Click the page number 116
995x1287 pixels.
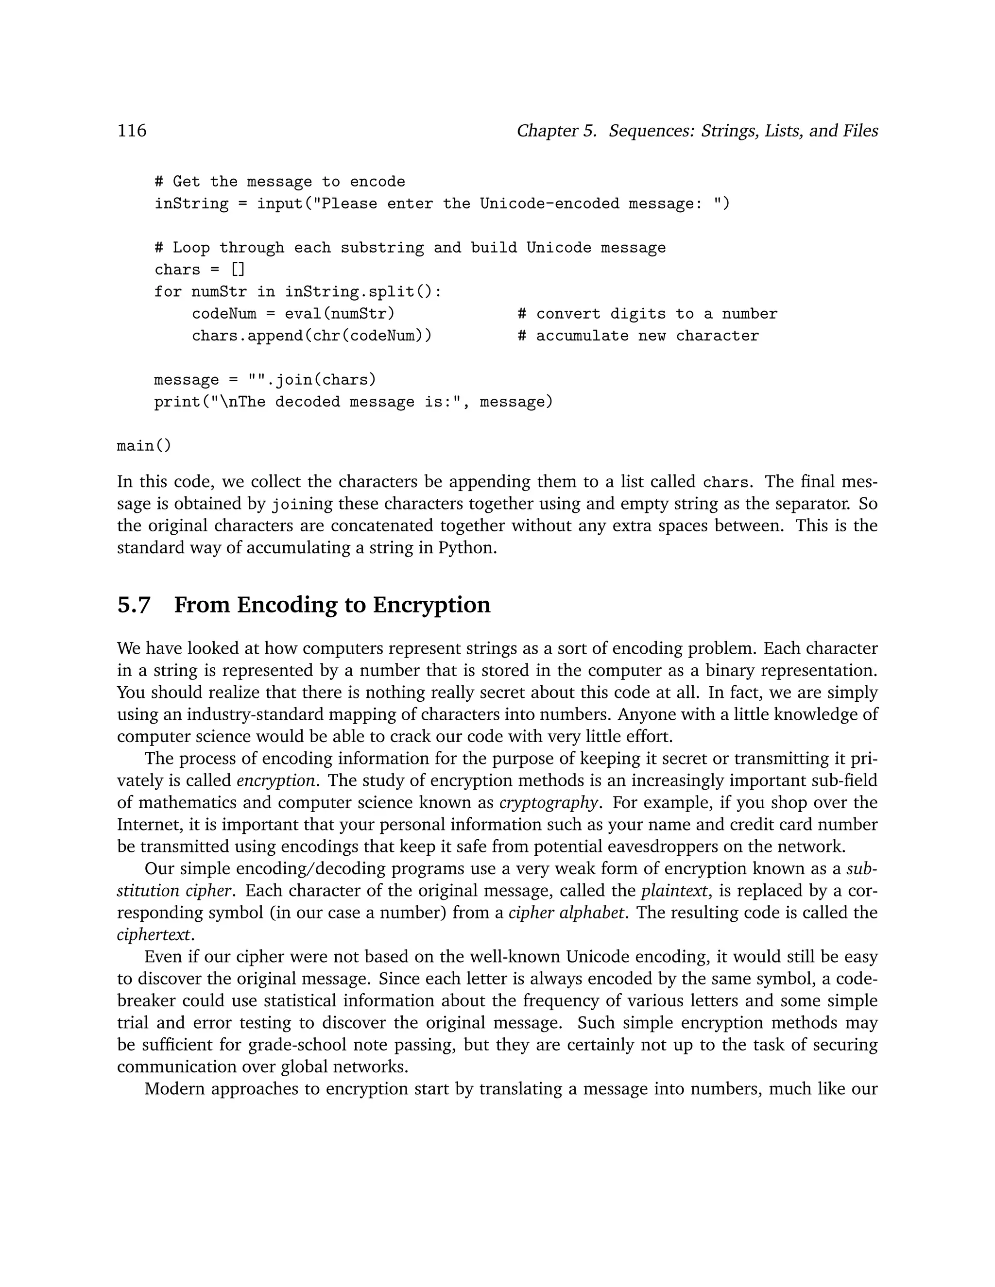pyautogui.click(x=132, y=130)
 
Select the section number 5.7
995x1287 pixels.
pyautogui.click(x=134, y=605)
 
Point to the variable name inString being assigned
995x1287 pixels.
pyautogui.click(x=191, y=204)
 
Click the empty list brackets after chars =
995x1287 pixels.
pyautogui.click(x=238, y=270)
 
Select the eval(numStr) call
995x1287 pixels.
pyautogui.click(x=340, y=314)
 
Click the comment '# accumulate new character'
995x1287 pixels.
pyautogui.click(x=638, y=336)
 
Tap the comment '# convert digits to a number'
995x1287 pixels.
pyautogui.click(x=648, y=314)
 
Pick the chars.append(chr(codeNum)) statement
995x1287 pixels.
pyautogui.click(x=312, y=336)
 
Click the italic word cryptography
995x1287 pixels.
pyautogui.click(x=549, y=803)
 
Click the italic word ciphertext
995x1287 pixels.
pyautogui.click(x=154, y=934)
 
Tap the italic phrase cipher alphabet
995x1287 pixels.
pyautogui.click(x=566, y=913)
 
